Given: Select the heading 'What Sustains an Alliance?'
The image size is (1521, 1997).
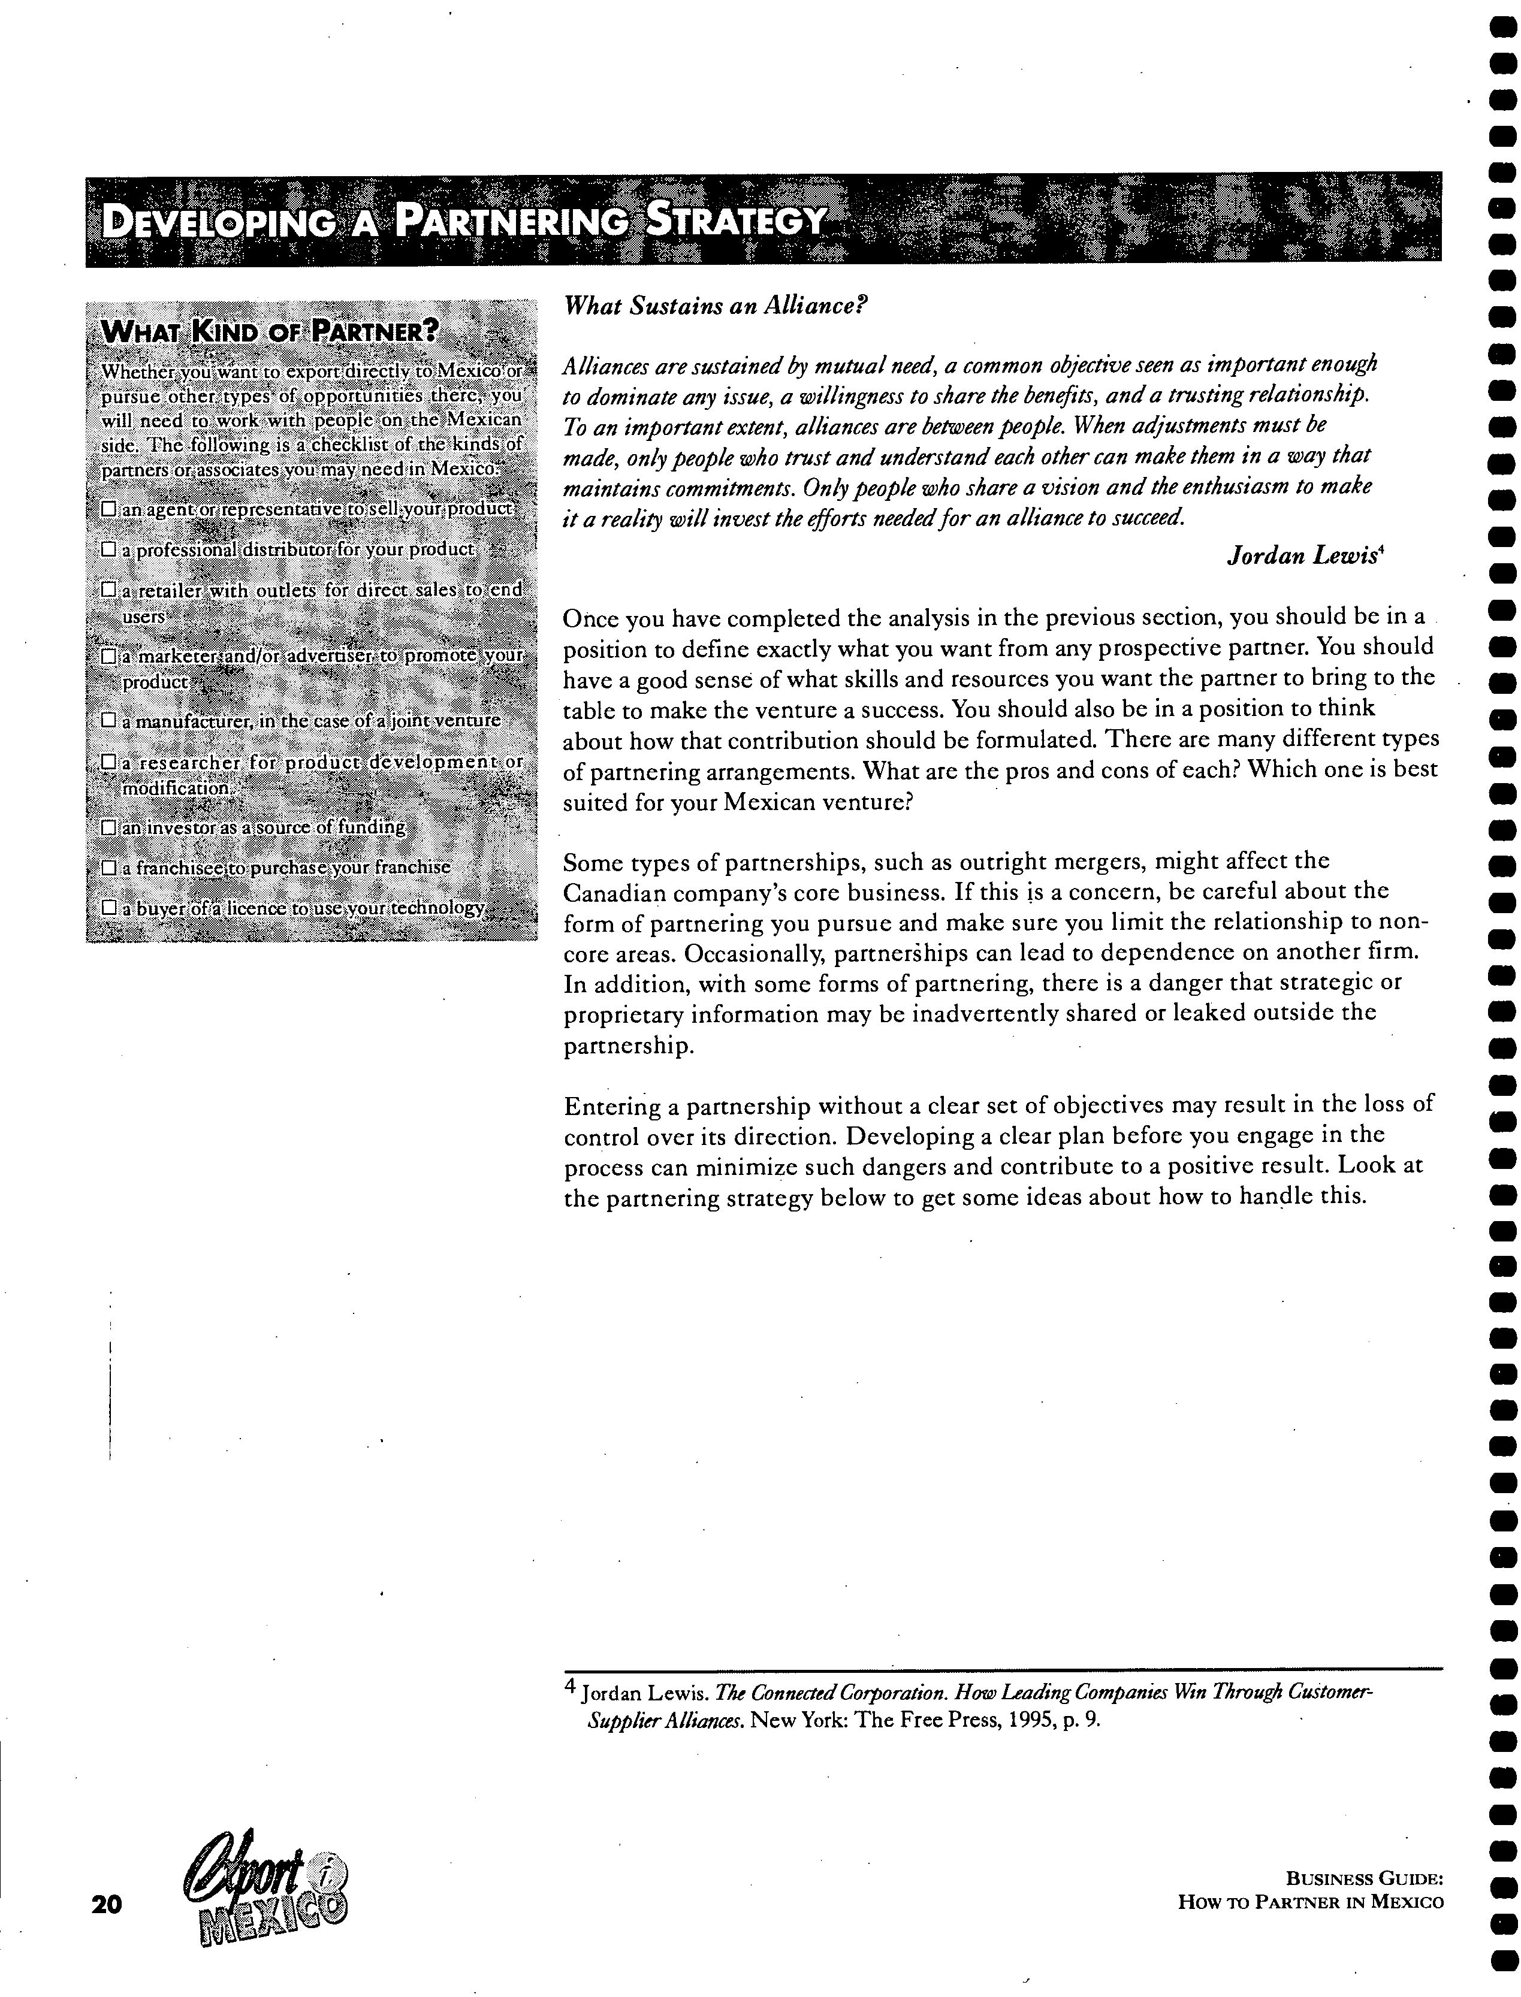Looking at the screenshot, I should [x=714, y=306].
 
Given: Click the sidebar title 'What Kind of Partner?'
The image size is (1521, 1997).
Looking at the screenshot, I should [x=269, y=331].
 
